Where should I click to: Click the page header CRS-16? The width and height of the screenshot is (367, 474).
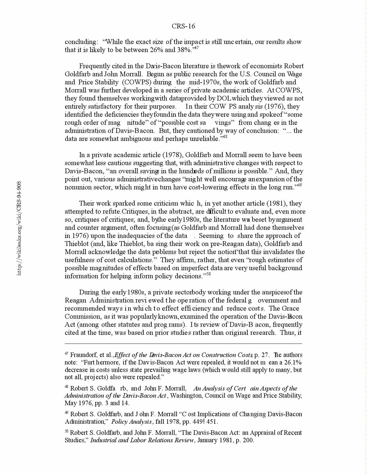click(183, 26)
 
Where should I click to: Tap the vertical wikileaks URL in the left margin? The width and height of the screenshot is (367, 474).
click(19, 228)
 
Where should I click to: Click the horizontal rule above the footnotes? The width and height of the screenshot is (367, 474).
click(183, 344)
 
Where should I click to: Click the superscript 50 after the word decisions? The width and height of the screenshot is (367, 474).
click(209, 274)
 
